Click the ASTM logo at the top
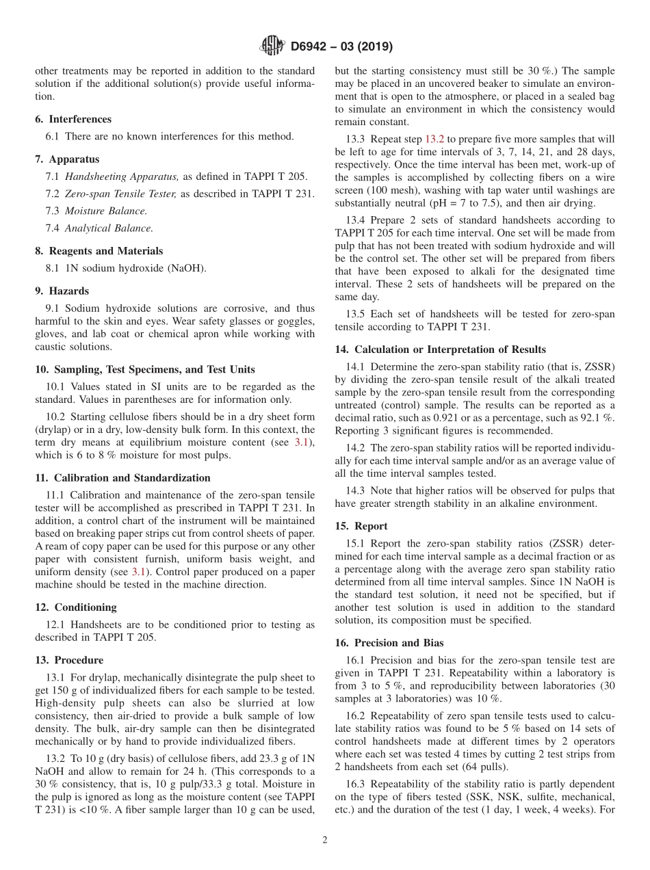(x=273, y=47)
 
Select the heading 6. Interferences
(x=73, y=119)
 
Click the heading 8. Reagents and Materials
(x=99, y=251)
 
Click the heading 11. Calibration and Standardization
(x=122, y=477)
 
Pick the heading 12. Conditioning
(x=76, y=607)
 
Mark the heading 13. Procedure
(x=69, y=660)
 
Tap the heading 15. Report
(x=361, y=526)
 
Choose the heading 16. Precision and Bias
(x=389, y=643)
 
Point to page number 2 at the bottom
(x=325, y=840)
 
